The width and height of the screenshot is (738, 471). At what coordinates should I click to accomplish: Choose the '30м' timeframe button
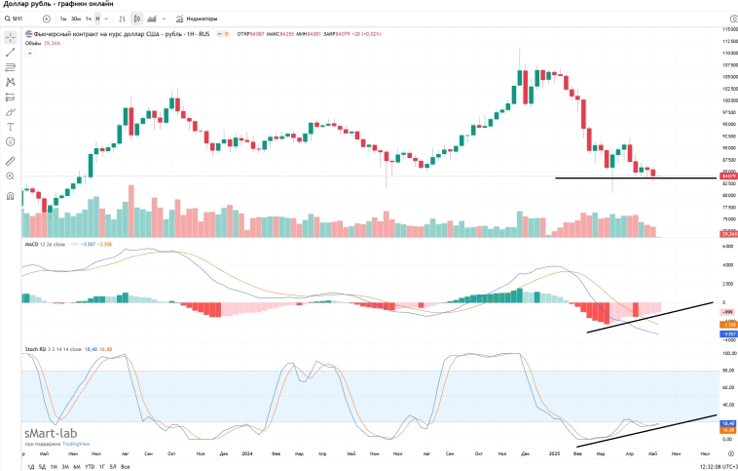click(76, 19)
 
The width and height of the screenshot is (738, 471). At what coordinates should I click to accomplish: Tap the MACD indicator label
click(35, 246)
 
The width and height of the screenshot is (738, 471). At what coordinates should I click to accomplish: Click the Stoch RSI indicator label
click(39, 347)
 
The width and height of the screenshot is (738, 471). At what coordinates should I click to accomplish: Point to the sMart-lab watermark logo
click(51, 432)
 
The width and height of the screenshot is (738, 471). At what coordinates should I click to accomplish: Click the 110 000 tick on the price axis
click(726, 53)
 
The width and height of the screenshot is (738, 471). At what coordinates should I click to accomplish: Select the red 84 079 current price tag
click(726, 176)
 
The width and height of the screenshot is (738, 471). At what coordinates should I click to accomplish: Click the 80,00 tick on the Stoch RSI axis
click(726, 371)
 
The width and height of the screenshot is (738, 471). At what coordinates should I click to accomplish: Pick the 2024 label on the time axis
click(247, 453)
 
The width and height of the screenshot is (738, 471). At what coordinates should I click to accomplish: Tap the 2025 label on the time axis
click(553, 453)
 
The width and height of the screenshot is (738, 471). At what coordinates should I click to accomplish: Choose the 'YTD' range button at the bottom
click(90, 466)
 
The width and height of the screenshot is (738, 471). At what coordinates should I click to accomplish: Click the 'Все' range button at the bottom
click(125, 466)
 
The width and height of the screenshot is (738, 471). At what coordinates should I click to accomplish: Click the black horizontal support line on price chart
click(633, 177)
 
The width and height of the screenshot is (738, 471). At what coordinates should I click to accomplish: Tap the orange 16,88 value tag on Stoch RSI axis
click(726, 429)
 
